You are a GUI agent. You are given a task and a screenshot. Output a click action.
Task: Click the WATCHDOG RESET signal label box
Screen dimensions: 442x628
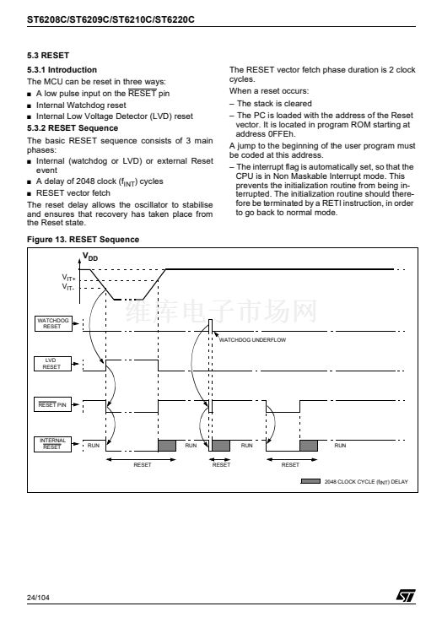click(53, 323)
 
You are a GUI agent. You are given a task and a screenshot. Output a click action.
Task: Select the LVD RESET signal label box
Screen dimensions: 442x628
click(52, 364)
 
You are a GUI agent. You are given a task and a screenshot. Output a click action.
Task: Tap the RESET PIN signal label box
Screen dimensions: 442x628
click(52, 404)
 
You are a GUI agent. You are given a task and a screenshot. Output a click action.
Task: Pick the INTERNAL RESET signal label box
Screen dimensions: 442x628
click(52, 444)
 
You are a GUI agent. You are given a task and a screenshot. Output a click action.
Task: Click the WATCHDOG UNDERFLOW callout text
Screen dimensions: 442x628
click(252, 340)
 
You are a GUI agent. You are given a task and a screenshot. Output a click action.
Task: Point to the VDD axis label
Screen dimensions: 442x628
click(90, 257)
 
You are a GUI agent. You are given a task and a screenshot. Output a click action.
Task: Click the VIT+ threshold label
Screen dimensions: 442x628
click(69, 277)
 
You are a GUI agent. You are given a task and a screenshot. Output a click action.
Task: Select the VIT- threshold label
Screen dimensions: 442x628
click(68, 287)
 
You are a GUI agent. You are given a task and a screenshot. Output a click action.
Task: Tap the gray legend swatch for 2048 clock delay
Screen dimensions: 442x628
click(310, 481)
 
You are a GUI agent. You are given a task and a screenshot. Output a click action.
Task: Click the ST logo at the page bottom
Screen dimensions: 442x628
click(406, 596)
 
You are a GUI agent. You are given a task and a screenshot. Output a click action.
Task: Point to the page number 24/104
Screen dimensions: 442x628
click(38, 598)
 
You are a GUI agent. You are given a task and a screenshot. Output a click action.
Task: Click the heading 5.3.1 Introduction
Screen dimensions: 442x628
click(62, 70)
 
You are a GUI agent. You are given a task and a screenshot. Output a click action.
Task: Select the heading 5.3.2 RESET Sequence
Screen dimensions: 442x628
click(73, 128)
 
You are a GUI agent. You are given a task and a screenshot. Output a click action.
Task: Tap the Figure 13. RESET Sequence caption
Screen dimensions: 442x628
click(83, 240)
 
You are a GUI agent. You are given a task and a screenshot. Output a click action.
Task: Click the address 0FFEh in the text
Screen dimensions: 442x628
click(281, 134)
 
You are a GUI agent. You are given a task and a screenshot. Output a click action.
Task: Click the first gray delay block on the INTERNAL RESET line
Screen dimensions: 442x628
click(167, 446)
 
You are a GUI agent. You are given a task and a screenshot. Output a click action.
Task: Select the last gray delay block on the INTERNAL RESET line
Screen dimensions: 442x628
click(309, 446)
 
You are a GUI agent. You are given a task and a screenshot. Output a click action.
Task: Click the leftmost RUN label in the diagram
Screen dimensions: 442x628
click(94, 446)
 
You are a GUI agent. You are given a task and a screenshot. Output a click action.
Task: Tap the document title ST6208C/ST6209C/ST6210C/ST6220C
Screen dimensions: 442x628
click(110, 19)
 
